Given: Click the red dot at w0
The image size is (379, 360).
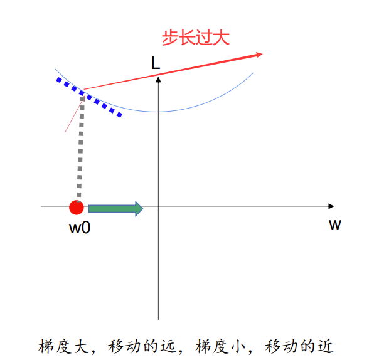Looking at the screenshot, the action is pyautogui.click(x=77, y=208).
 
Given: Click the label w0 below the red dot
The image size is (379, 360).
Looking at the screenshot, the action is pyautogui.click(x=80, y=228).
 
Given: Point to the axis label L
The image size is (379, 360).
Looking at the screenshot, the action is pyautogui.click(x=155, y=63).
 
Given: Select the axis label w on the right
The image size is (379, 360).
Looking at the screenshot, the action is pyautogui.click(x=334, y=224).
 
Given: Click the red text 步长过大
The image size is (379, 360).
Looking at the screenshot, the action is pyautogui.click(x=196, y=38).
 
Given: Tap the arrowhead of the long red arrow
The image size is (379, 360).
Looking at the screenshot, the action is pyautogui.click(x=257, y=55).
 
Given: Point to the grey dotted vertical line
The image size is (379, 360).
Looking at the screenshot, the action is pyautogui.click(x=80, y=151).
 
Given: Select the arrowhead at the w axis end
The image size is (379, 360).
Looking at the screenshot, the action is pyautogui.click(x=331, y=206).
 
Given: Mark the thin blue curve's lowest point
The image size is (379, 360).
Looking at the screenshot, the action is pyautogui.click(x=159, y=112).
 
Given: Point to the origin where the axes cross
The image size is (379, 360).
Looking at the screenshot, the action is pyautogui.click(x=159, y=206).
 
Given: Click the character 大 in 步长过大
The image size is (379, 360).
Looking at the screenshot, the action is pyautogui.click(x=221, y=38).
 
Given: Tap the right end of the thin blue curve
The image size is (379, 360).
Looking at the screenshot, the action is pyautogui.click(x=253, y=73).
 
